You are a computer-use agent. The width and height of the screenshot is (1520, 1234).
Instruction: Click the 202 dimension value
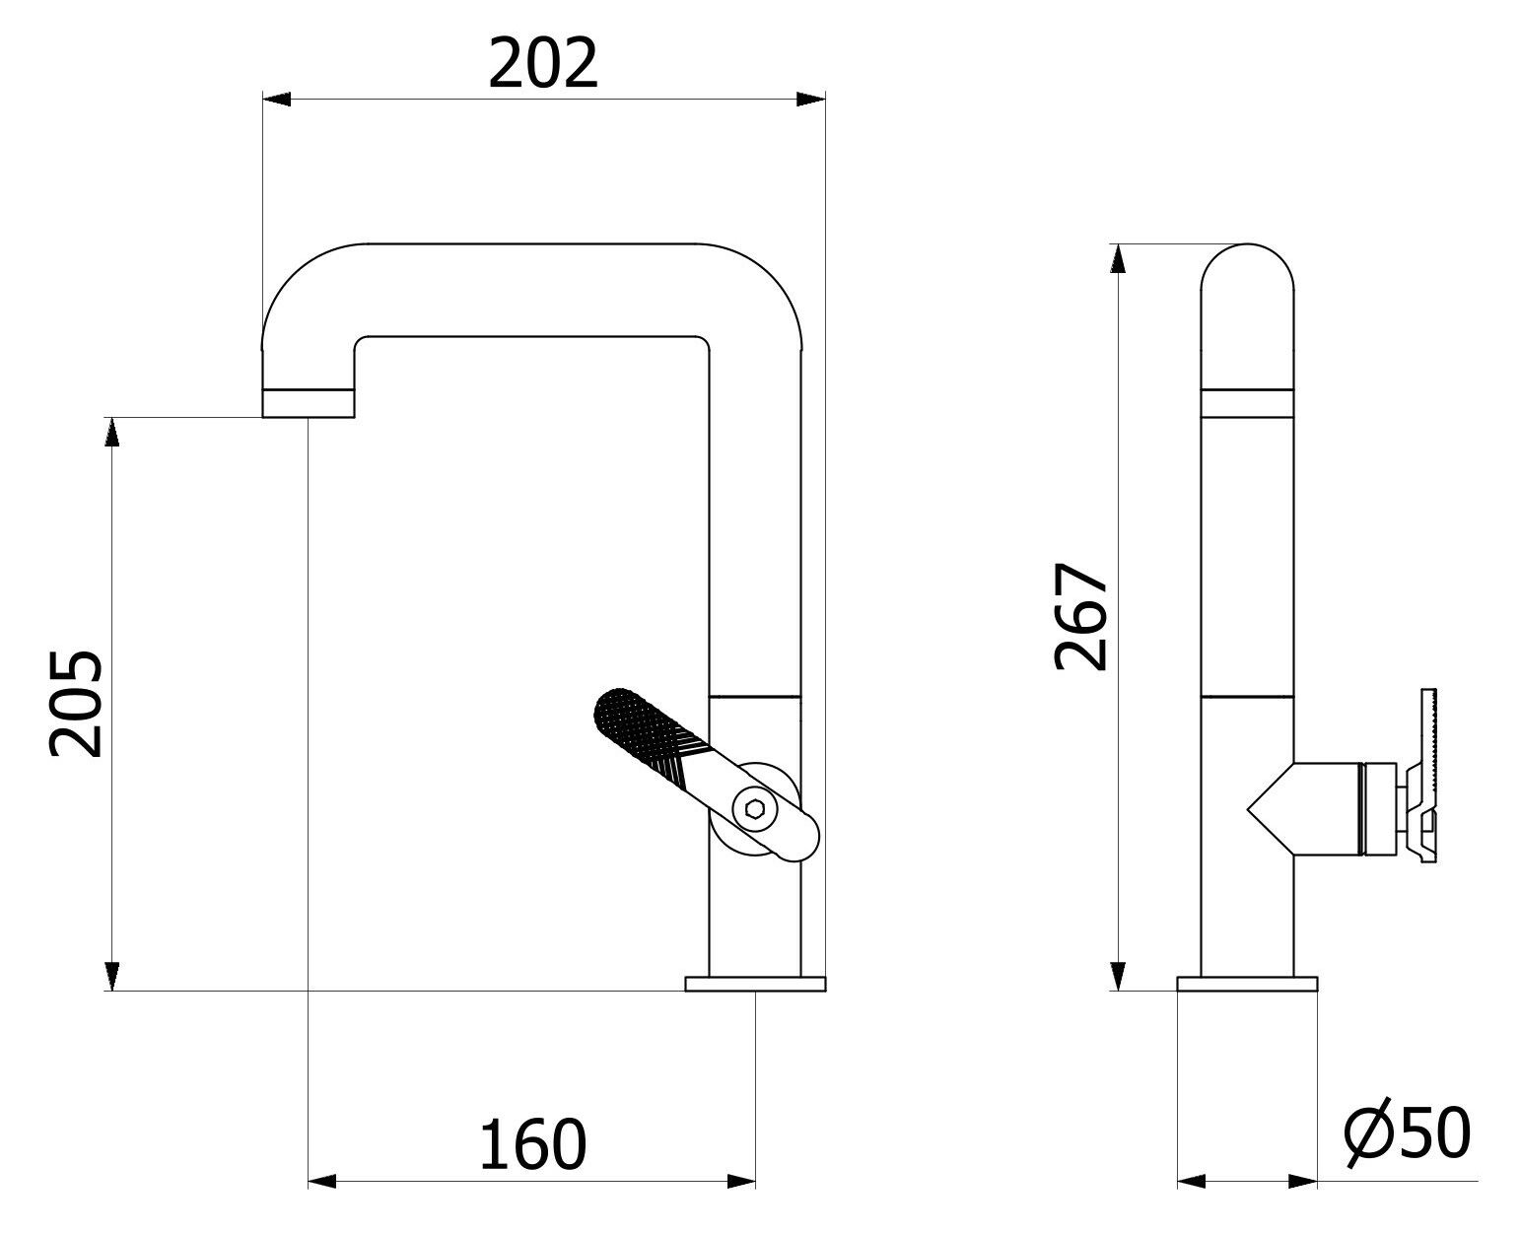[x=543, y=64]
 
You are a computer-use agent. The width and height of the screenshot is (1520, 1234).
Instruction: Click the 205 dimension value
[x=76, y=703]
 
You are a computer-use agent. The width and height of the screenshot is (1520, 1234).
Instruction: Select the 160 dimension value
[x=532, y=1144]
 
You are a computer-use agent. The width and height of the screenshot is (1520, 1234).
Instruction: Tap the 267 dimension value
[x=1081, y=617]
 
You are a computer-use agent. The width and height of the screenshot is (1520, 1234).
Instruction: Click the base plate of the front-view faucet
[x=755, y=983]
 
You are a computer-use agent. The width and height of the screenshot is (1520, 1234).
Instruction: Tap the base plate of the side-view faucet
[x=1247, y=983]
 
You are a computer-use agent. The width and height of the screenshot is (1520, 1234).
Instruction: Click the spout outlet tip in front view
[x=308, y=403]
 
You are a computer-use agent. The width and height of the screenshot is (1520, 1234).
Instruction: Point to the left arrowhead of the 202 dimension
[x=275, y=99]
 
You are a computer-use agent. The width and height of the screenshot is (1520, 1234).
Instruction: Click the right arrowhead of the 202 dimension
[x=811, y=99]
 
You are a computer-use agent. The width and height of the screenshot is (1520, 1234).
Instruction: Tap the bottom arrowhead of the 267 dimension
[x=1118, y=976]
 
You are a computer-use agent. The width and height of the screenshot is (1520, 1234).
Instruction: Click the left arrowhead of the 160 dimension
[x=322, y=1180]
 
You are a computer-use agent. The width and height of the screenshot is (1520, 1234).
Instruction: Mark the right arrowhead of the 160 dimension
[x=741, y=1180]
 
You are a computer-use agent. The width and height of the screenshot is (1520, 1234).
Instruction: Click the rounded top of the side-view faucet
[x=1247, y=258]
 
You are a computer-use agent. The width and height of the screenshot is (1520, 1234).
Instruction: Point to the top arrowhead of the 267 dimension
[x=1118, y=258]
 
